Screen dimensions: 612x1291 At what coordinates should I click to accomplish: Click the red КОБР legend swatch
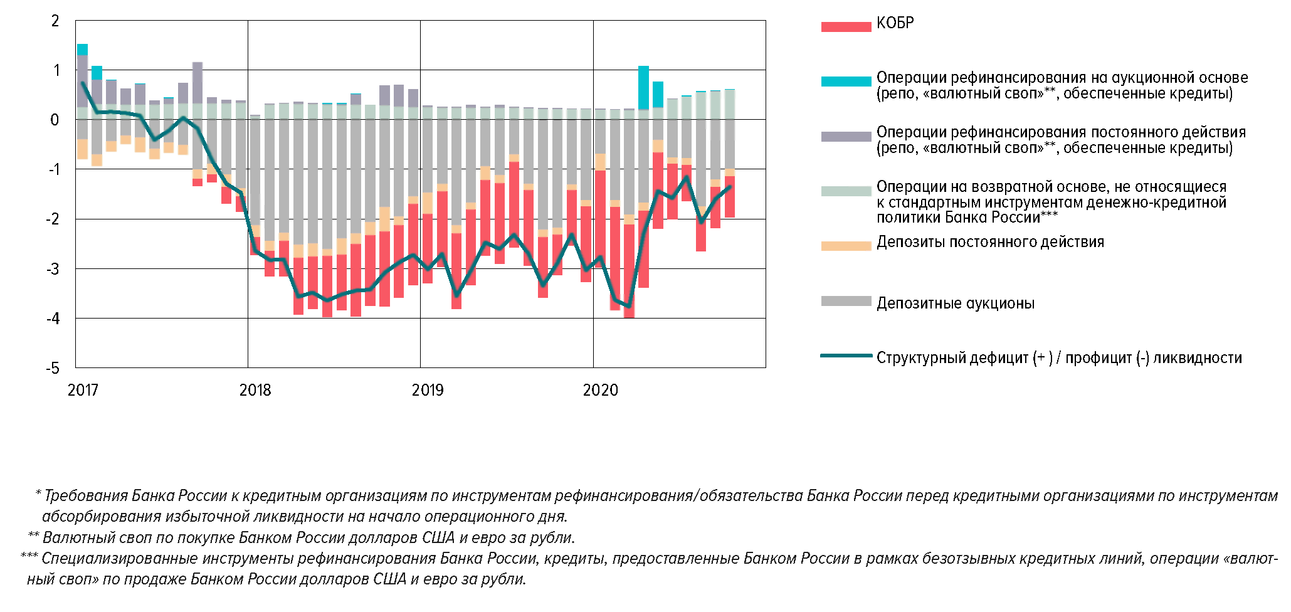tap(846, 27)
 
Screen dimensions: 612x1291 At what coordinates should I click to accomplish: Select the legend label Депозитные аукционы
tap(955, 303)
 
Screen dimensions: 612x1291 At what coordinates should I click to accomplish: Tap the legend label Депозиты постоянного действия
tap(990, 242)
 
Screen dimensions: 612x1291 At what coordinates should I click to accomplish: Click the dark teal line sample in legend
tap(846, 356)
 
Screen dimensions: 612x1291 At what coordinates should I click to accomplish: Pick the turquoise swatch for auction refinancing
tap(846, 82)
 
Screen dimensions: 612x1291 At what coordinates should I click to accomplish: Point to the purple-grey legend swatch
tap(846, 136)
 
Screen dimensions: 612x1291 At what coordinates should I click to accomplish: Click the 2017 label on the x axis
tap(83, 390)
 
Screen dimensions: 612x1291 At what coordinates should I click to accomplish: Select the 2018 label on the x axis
tap(255, 390)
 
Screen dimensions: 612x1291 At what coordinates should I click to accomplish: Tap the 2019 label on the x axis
tap(428, 390)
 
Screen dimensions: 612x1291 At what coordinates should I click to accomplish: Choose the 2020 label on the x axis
tap(600, 390)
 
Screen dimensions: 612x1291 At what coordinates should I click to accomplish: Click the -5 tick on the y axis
tap(53, 368)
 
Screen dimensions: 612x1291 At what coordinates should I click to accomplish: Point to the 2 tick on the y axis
tap(55, 21)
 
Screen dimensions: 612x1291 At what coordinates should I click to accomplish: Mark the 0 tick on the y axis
tap(55, 120)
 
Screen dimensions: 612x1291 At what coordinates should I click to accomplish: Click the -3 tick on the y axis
tap(53, 269)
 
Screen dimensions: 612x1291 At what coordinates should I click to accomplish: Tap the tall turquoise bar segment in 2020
tap(643, 88)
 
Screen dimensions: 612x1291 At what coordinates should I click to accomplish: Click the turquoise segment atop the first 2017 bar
tap(82, 50)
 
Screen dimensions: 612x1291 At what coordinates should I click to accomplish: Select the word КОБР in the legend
tap(895, 23)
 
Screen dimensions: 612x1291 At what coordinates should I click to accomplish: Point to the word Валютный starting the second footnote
tap(73, 538)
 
